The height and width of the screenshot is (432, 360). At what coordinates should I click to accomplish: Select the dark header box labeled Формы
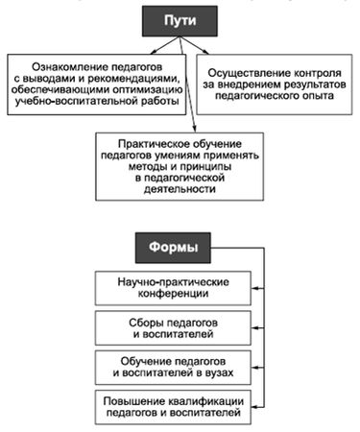coord(174,248)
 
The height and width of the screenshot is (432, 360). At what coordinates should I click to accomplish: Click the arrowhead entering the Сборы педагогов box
coord(254,327)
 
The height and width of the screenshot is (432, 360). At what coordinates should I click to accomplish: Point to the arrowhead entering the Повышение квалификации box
coord(254,404)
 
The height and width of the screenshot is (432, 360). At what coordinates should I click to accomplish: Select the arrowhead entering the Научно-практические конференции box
coord(254,288)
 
